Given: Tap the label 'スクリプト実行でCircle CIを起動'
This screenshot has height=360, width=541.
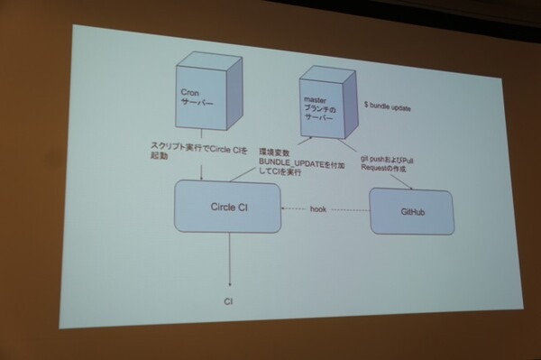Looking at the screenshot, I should [x=192, y=150].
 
